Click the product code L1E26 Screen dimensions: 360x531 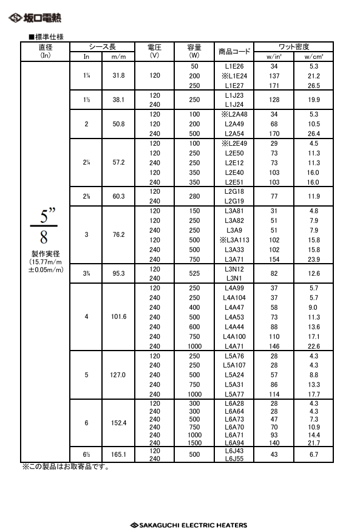(x=234, y=66)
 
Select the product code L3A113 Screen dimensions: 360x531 (x=234, y=239)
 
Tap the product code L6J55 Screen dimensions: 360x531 (x=234, y=458)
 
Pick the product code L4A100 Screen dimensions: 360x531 (x=234, y=337)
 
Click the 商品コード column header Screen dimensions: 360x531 (x=234, y=52)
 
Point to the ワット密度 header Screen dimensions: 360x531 (x=294, y=47)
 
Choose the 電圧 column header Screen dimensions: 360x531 (x=154, y=50)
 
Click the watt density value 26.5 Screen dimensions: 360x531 (x=313, y=86)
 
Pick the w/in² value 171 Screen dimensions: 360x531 (x=274, y=86)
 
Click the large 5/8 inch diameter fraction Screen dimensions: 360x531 (x=47, y=225)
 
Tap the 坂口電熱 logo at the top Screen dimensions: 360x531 (x=35, y=18)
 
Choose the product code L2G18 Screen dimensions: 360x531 (x=234, y=191)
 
